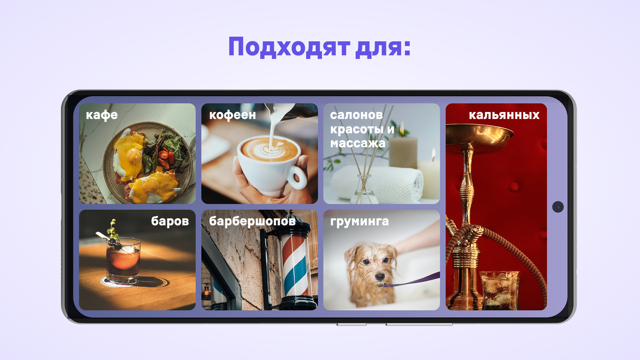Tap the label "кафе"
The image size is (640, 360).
tap(102, 115)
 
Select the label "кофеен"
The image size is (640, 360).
tap(233, 115)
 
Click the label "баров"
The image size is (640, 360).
tap(170, 221)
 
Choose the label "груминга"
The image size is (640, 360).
tap(359, 221)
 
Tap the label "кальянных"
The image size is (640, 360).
tap(504, 115)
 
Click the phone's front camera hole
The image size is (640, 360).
tap(558, 206)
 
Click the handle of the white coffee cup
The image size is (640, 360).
tap(297, 177)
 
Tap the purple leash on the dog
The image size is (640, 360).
tap(416, 281)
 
